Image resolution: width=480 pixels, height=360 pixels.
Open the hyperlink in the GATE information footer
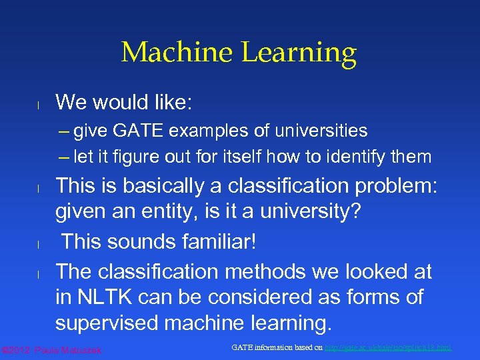pyautogui.click(x=388, y=348)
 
